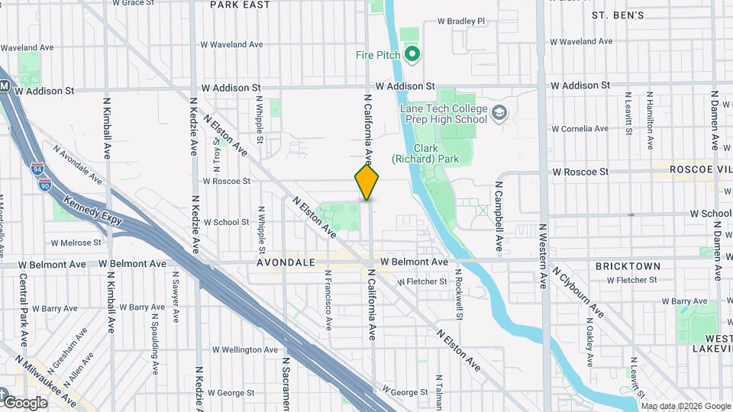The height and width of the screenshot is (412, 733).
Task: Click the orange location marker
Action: pyautogui.click(x=367, y=182)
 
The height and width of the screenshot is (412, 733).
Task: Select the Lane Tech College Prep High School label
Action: pyautogui.click(x=444, y=114)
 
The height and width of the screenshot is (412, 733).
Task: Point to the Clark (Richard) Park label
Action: pyautogui.click(x=434, y=153)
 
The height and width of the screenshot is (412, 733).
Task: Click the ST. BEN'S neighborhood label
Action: pyautogui.click(x=618, y=14)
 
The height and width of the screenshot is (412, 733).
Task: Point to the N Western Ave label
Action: pyautogui.click(x=543, y=256)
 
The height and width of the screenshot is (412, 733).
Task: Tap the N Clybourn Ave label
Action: pyautogui.click(x=579, y=292)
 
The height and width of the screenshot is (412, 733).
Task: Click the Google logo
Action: pyautogui.click(x=25, y=402)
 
